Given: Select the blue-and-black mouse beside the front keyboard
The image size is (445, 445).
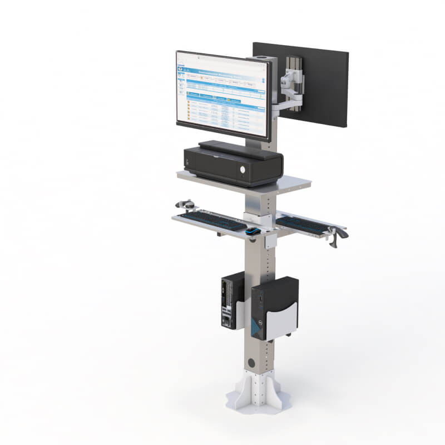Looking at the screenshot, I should tap(253, 231).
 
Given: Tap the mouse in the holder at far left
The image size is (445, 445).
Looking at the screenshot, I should tap(187, 205).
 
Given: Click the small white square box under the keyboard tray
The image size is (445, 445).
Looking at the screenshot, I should tap(271, 240).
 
